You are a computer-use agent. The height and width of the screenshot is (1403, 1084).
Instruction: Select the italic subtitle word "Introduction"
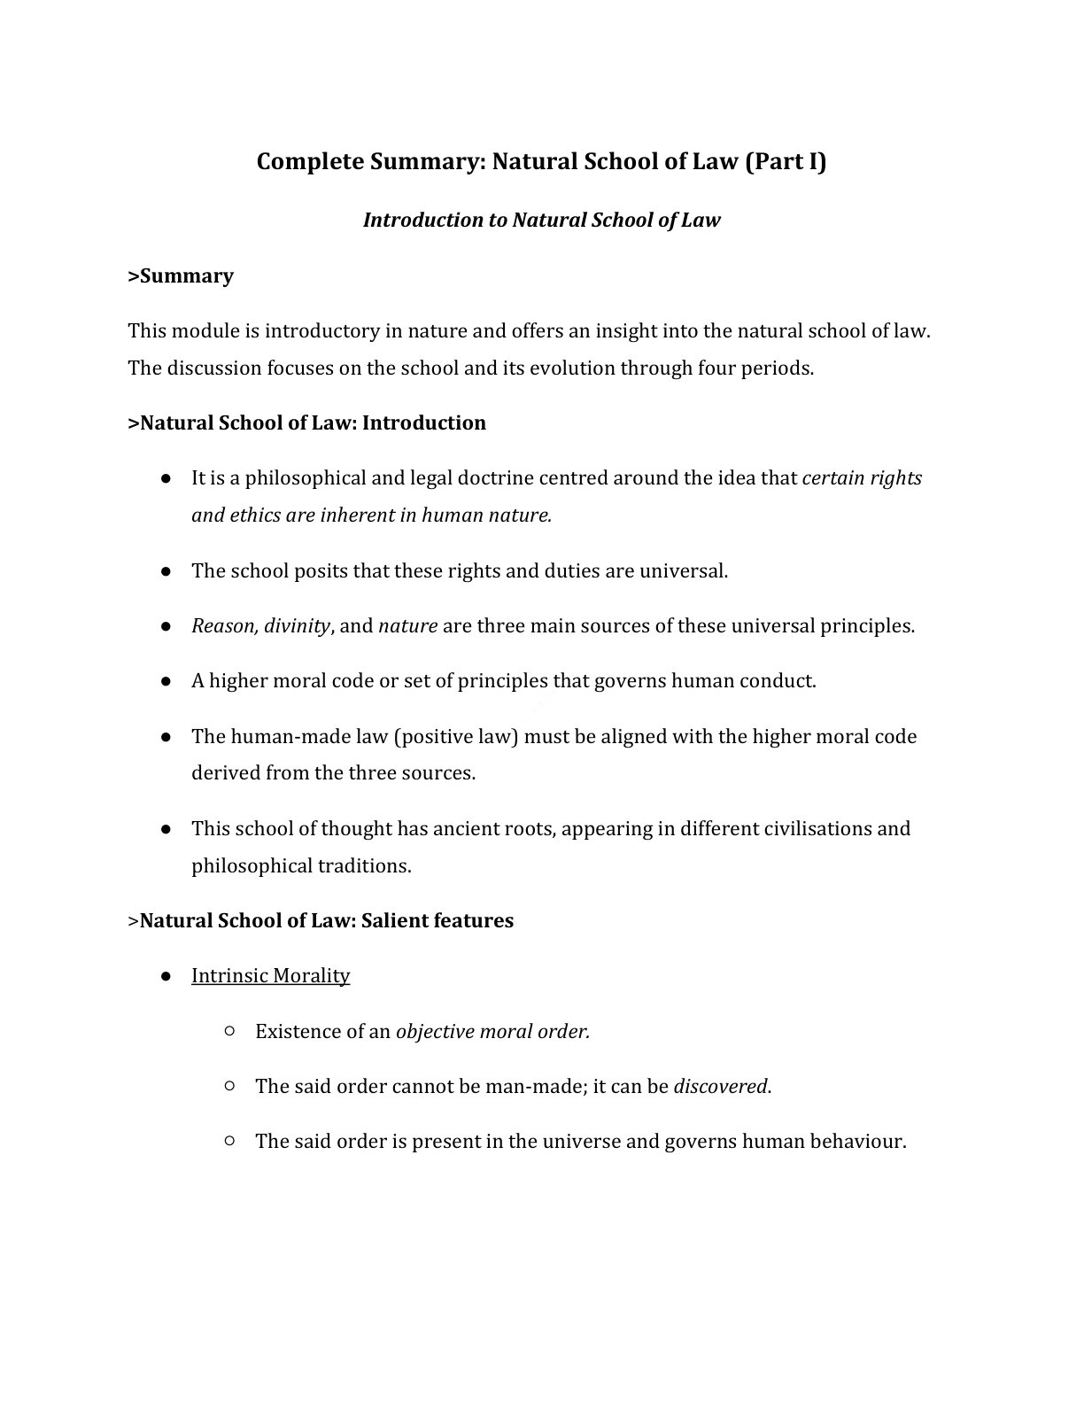point(422,221)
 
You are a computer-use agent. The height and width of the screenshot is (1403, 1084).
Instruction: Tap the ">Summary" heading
point(181,276)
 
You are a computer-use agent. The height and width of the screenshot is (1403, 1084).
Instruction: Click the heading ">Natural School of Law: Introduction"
point(306,423)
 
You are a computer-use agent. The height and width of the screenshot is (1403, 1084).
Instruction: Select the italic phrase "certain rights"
point(862,478)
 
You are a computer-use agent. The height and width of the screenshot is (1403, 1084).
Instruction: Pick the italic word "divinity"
point(297,626)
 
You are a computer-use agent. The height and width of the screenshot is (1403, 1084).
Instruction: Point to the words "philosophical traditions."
point(301,866)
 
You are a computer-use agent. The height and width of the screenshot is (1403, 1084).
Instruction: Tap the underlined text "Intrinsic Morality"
point(270,976)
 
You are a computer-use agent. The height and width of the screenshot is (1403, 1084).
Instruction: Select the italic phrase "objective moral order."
point(492,1032)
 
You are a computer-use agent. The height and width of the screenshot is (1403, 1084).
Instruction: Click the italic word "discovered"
point(721,1087)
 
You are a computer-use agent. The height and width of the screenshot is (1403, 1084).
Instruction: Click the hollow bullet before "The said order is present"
point(229,1141)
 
